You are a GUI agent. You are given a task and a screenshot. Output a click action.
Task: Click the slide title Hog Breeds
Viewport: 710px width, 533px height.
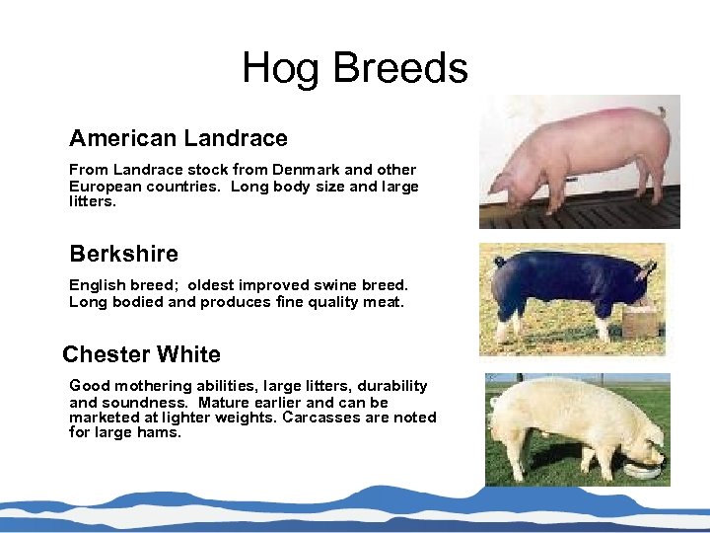click(355, 68)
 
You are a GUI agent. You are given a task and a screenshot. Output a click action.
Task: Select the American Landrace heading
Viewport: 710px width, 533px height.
click(178, 138)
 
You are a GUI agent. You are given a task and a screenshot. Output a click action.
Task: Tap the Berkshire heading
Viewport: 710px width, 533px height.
click(123, 254)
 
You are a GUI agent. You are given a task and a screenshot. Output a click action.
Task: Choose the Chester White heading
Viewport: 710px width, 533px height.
click(141, 354)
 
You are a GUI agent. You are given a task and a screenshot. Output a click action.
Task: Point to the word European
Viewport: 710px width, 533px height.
click(103, 186)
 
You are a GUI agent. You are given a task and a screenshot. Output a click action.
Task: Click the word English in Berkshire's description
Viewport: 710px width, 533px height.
click(96, 285)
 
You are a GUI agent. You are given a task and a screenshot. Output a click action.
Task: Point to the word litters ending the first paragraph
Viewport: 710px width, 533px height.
click(91, 201)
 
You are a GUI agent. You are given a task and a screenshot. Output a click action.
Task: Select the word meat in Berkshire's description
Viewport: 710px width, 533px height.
click(383, 302)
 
